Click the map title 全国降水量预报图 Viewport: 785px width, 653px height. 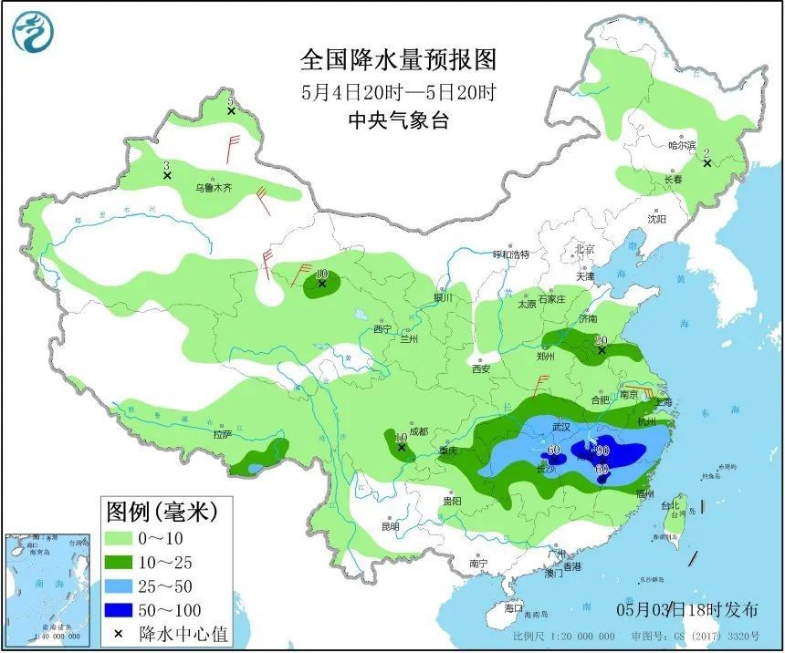pyautogui.click(x=399, y=60)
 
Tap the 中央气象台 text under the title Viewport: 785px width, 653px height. pyautogui.click(x=399, y=120)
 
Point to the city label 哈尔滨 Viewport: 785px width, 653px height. pyautogui.click(x=682, y=145)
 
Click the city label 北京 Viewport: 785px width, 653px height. pyautogui.click(x=584, y=249)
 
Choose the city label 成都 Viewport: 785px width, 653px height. pyautogui.click(x=418, y=431)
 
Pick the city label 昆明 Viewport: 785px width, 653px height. pyautogui.click(x=391, y=527)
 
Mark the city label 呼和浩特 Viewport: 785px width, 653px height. pyautogui.click(x=511, y=254)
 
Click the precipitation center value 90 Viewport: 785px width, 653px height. pyautogui.click(x=602, y=449)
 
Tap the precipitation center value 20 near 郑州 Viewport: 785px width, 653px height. pyautogui.click(x=601, y=341)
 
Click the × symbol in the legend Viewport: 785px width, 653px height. pyautogui.click(x=119, y=633)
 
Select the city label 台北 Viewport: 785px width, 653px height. pyautogui.click(x=671, y=504)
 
